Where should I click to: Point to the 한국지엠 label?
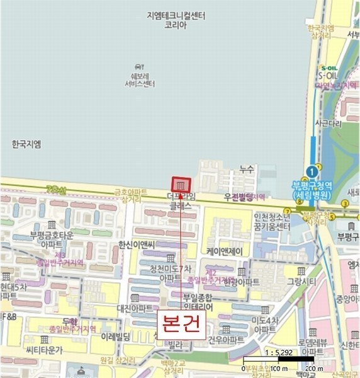tap(26, 144)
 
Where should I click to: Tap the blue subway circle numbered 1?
tap(310, 171)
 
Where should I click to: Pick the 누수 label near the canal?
tap(246, 169)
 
